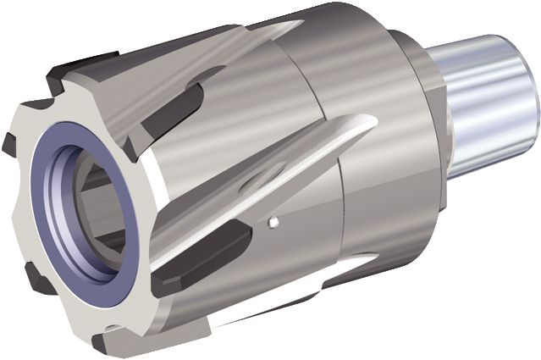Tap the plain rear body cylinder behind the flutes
tap(373, 212)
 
